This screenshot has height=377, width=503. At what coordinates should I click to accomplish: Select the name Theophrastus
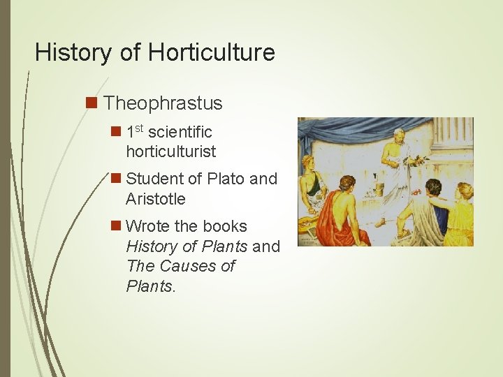click(x=163, y=103)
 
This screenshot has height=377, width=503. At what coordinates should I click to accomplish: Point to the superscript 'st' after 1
click(x=140, y=128)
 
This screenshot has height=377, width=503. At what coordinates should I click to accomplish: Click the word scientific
click(x=180, y=131)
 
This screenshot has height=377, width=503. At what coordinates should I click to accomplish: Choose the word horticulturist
click(x=171, y=151)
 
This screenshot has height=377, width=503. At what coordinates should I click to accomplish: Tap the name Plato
click(x=223, y=179)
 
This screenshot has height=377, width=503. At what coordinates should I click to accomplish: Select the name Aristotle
click(x=156, y=199)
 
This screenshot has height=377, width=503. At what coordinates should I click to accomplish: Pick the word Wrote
click(x=150, y=226)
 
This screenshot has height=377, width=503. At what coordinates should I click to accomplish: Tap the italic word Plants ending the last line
click(x=150, y=286)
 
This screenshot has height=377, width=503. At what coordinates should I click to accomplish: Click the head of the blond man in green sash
click(x=310, y=165)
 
